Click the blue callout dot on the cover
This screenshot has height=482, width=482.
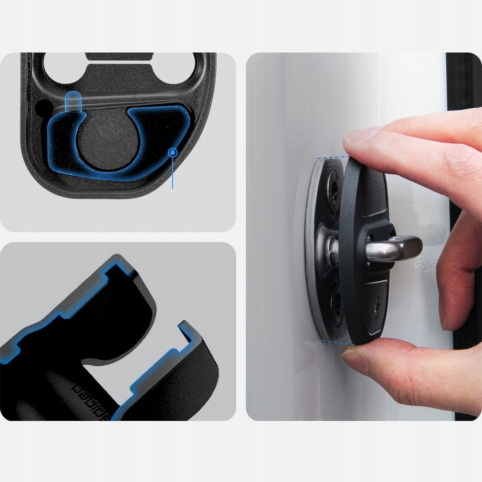(173, 152)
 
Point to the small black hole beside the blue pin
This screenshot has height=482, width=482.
(44, 106)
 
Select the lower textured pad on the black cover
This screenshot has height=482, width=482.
(375, 306)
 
